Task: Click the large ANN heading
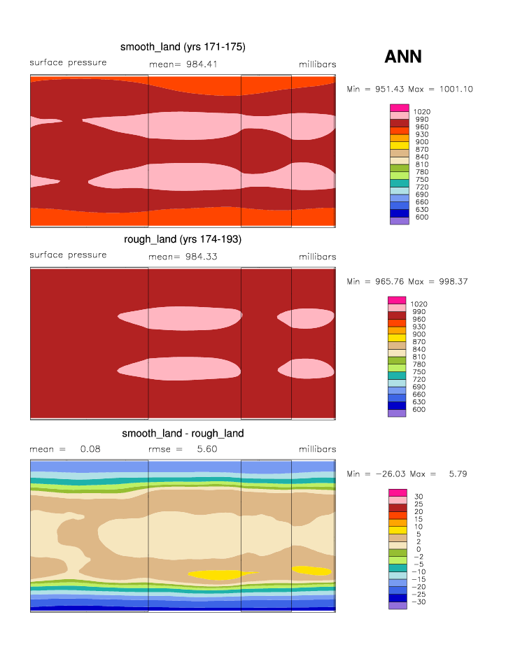point(403,57)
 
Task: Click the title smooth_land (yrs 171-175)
point(183,47)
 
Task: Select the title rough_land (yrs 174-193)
point(183,239)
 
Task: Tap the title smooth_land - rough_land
point(183,433)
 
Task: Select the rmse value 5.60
point(206,449)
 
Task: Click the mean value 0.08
point(90,449)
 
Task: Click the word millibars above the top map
point(317,64)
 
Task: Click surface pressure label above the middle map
point(68,255)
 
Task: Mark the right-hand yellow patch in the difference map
point(311,570)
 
